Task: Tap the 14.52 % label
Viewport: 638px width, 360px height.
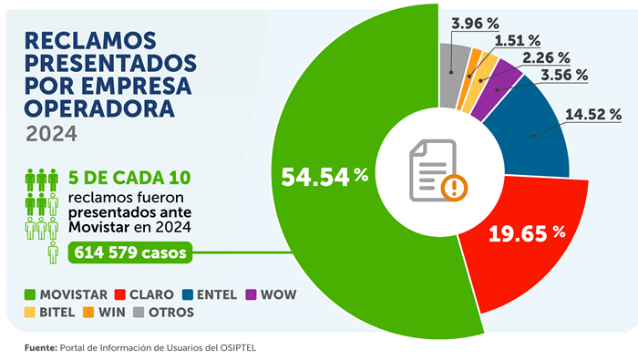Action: pos(594,115)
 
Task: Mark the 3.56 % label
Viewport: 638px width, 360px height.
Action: pos(562,75)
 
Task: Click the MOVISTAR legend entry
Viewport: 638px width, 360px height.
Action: pos(69,295)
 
